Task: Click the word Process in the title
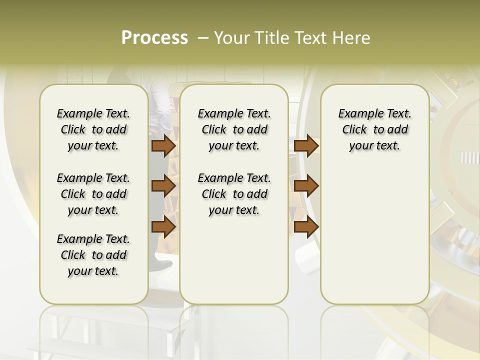tap(154, 37)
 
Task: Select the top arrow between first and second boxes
tap(163, 145)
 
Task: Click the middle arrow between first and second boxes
tap(163, 186)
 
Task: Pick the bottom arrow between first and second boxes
tap(163, 227)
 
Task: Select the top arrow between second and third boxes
tap(306, 145)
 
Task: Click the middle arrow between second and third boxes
tap(306, 186)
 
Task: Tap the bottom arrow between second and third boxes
tap(306, 227)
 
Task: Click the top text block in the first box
tap(93, 129)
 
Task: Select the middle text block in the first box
tap(93, 194)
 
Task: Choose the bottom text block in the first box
tap(93, 255)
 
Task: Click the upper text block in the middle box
tap(234, 129)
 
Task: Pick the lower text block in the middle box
tap(234, 194)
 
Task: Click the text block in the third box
tap(374, 129)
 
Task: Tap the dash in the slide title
tap(203, 38)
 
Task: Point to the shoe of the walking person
tap(161, 263)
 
